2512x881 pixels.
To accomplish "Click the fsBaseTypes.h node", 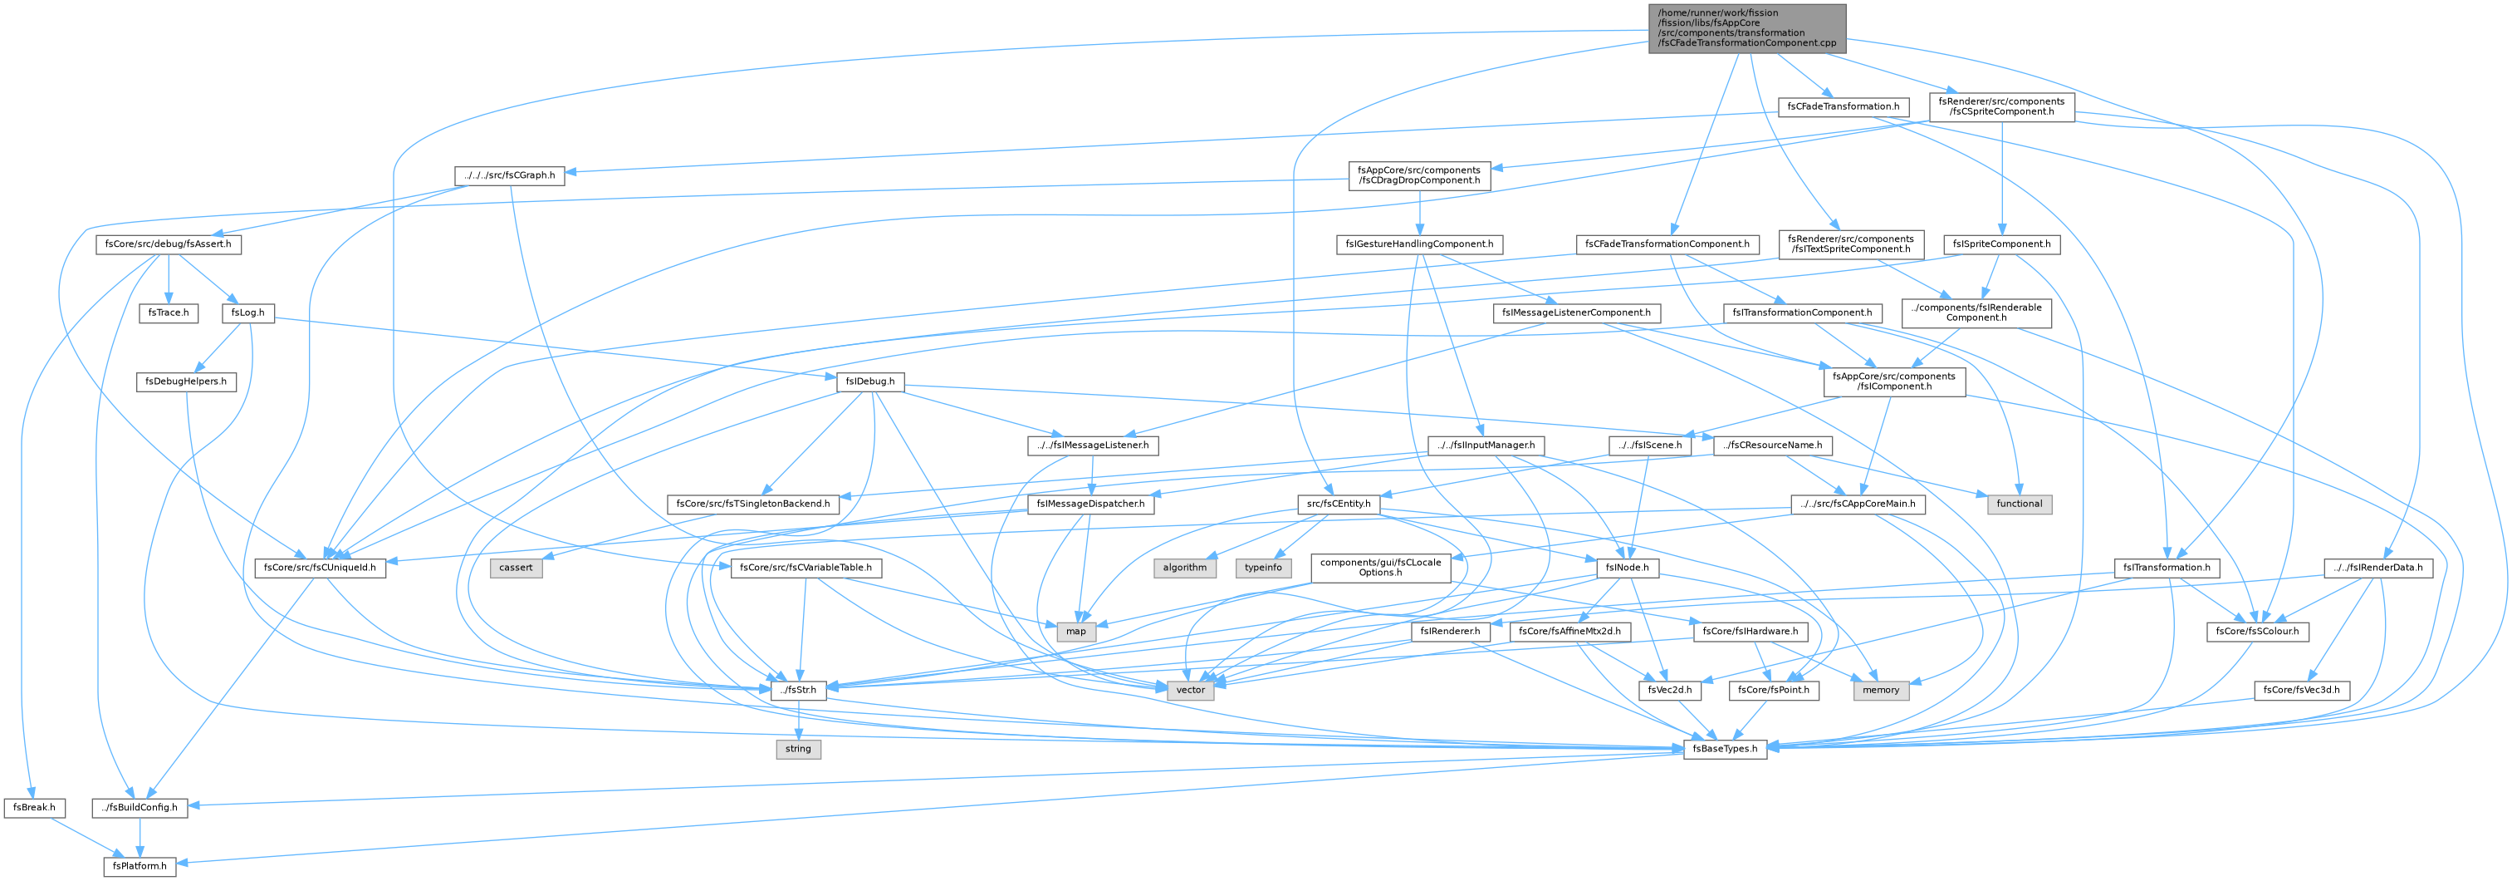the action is (x=1725, y=748).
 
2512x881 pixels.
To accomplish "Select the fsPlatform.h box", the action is (x=140, y=865).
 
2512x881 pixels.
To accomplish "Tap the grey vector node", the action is (x=1191, y=690).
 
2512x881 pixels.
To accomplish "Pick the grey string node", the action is (x=798, y=748).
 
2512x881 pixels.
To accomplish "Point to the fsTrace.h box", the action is (x=169, y=313).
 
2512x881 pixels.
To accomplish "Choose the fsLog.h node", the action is (x=248, y=313).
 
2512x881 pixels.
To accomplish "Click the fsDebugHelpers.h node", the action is (x=185, y=381).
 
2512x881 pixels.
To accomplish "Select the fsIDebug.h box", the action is (x=869, y=381).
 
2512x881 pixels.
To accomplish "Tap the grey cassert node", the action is (x=516, y=567).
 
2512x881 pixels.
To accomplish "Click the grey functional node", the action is (x=2019, y=504).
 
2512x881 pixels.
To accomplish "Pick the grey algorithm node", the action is (x=1185, y=567).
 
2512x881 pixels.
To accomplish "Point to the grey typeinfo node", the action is (x=1264, y=567).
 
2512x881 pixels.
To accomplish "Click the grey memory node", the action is (x=1880, y=690).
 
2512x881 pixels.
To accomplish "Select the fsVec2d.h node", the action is (x=1671, y=690).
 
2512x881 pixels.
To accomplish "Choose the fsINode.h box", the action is (x=1627, y=567).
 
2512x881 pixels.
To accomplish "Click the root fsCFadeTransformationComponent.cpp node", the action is (x=1746, y=28).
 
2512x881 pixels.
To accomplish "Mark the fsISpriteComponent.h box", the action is (x=2002, y=244).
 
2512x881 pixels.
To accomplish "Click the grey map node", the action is (x=1075, y=631).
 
